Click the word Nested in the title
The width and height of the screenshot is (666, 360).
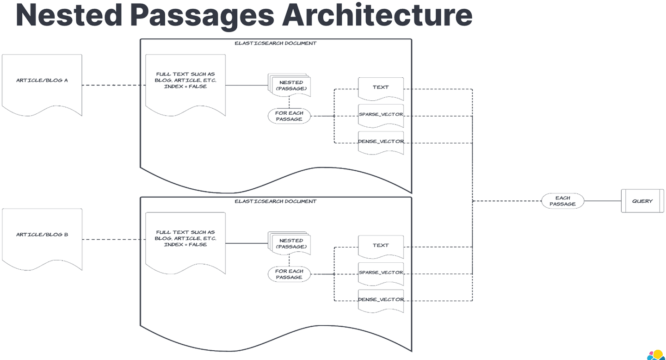click(x=67, y=15)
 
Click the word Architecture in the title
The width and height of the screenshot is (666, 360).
click(x=377, y=15)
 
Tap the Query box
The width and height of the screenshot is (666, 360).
click(x=642, y=201)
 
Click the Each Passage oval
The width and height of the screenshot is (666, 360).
click(x=562, y=201)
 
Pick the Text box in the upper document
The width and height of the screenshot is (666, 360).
click(x=381, y=88)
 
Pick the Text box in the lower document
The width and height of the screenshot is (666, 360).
click(x=381, y=246)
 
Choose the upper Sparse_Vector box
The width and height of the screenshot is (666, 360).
click(x=381, y=115)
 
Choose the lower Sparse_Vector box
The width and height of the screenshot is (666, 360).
click(x=381, y=273)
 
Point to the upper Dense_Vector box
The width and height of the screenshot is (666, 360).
click(x=381, y=142)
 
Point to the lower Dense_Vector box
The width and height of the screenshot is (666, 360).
click(x=381, y=300)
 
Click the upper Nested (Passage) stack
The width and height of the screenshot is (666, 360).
click(x=290, y=86)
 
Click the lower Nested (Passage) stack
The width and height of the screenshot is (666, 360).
click(x=290, y=244)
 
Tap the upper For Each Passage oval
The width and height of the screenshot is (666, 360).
click(x=289, y=116)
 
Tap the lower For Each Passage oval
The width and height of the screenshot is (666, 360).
click(x=289, y=274)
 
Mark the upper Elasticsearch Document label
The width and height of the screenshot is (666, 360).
click(x=275, y=43)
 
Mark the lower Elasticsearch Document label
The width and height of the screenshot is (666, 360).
click(x=275, y=202)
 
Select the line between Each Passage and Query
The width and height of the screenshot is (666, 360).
click(x=602, y=201)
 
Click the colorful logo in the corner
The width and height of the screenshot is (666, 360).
click(x=655, y=355)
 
